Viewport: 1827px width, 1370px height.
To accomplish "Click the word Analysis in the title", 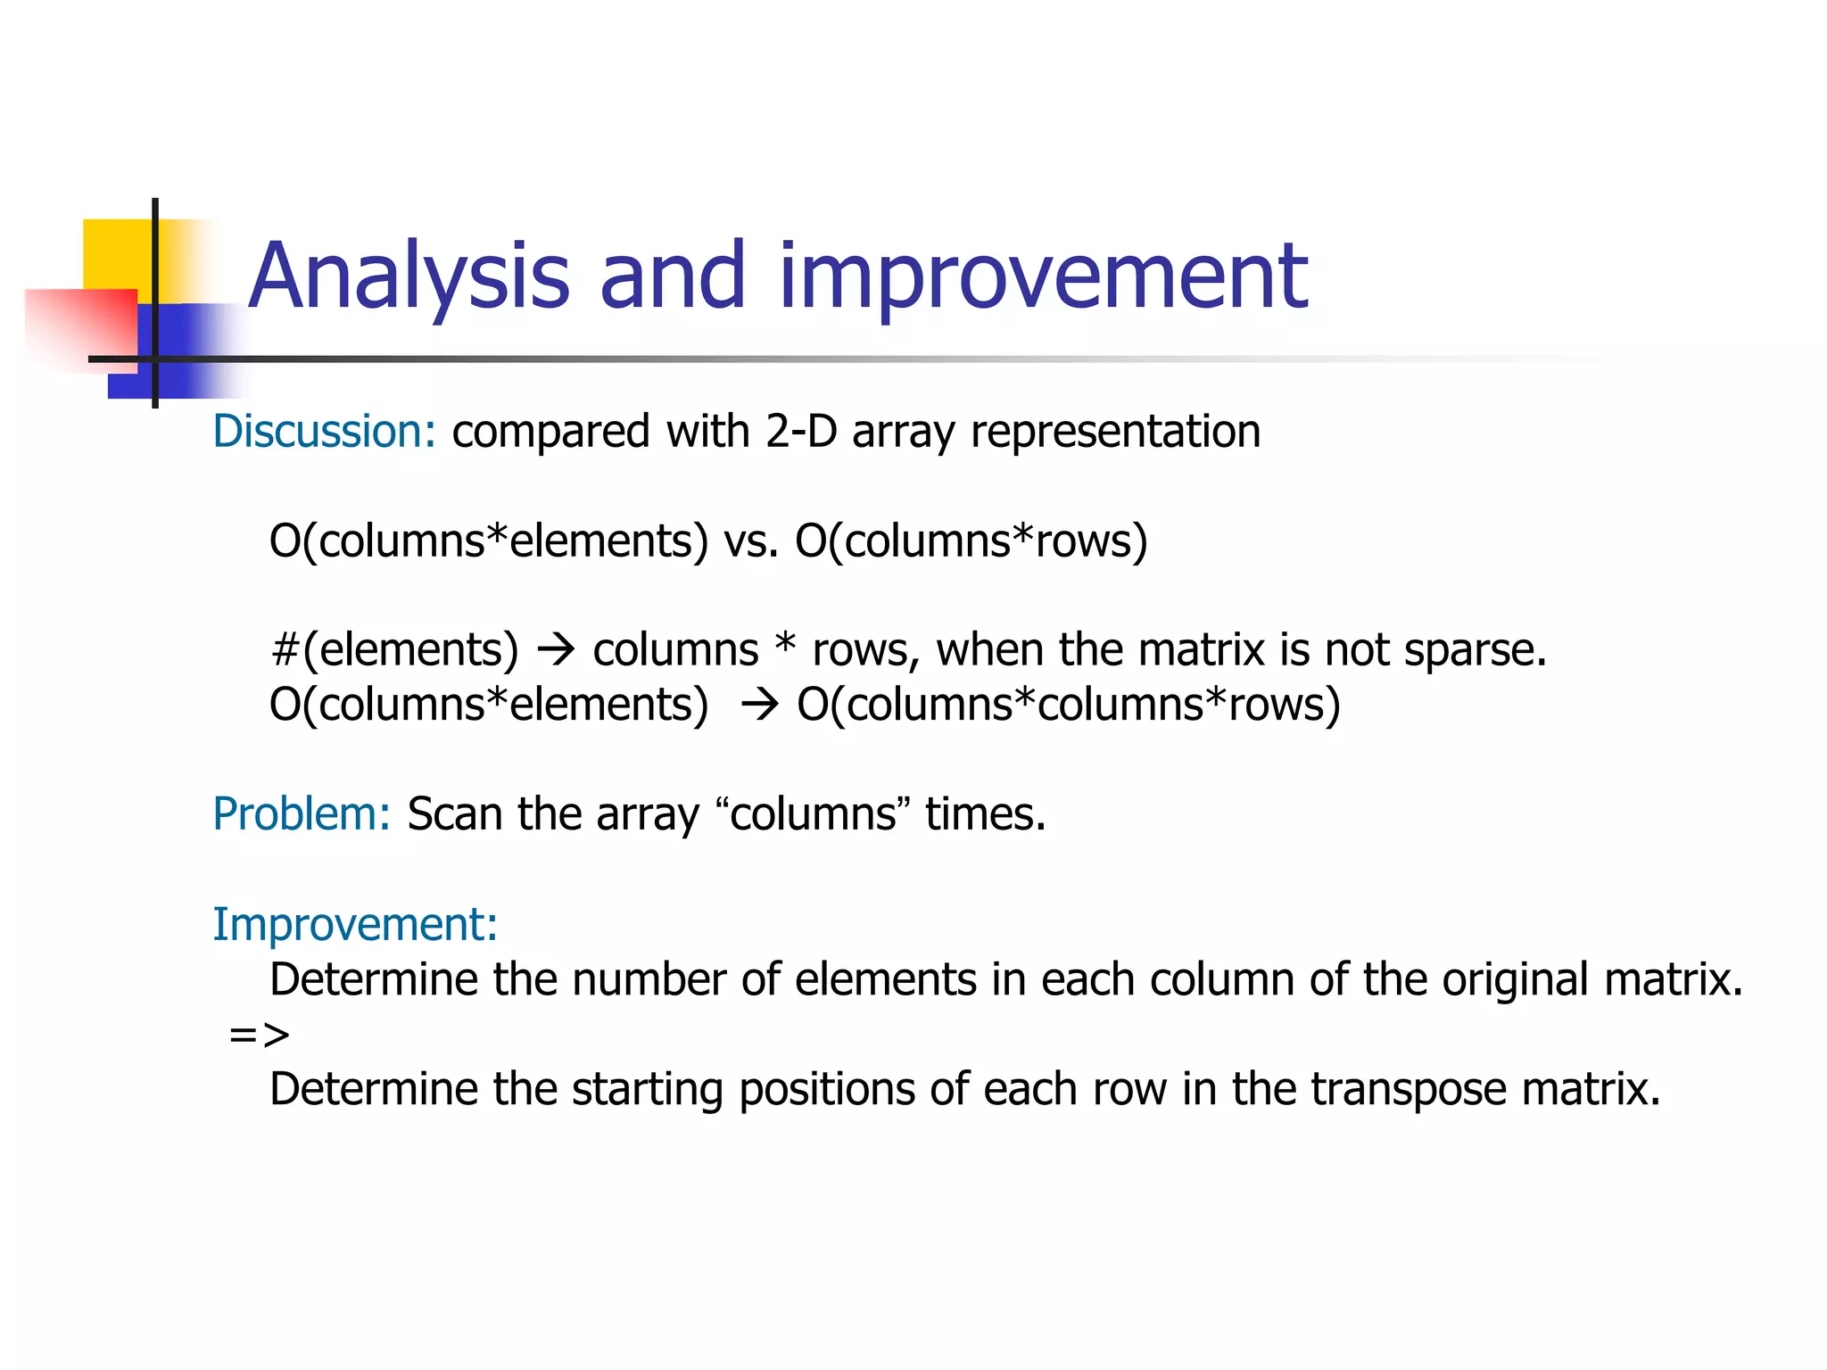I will click(408, 276).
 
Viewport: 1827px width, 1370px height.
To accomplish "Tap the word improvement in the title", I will click(1043, 276).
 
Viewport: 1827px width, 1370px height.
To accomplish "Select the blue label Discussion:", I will click(324, 432).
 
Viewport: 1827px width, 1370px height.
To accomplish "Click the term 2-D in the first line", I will click(800, 432).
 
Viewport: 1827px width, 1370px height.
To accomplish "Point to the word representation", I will click(1115, 432).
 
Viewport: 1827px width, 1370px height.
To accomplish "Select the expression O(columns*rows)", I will click(971, 541).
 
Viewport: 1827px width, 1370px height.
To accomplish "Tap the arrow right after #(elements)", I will click(556, 650).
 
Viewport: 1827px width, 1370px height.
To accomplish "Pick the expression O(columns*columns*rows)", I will click(1068, 705).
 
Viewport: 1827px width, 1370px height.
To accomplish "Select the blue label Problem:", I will click(302, 814).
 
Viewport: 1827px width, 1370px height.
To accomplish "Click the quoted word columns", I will click(813, 814).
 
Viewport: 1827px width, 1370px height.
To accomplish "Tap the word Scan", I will click(454, 814).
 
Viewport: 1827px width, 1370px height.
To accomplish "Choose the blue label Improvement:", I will click(355, 924).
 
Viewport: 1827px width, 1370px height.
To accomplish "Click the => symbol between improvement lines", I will click(259, 1035).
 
